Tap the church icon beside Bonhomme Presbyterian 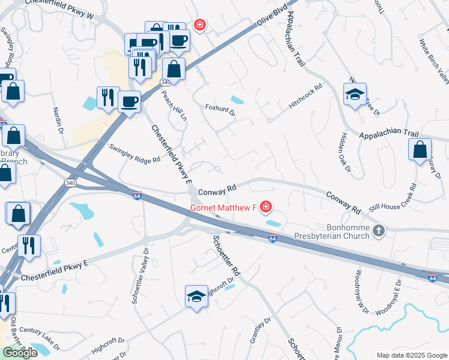378,230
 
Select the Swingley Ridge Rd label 134,153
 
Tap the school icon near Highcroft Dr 196,296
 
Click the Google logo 19,353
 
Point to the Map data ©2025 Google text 412,355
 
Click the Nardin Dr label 58,118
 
